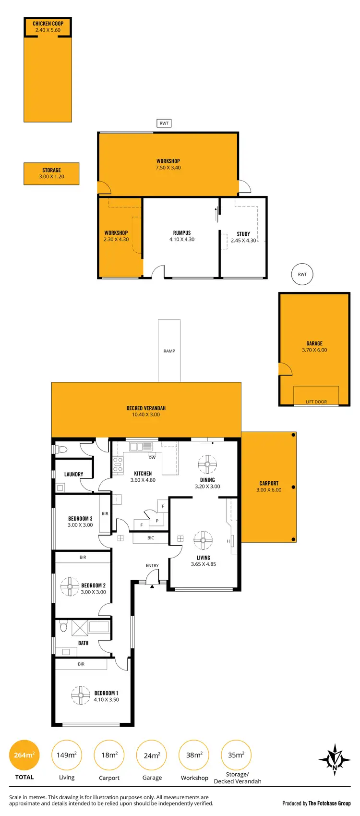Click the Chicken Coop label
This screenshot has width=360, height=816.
coord(48,24)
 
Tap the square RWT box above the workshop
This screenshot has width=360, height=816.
coord(164,123)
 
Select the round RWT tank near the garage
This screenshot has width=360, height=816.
coord(302,274)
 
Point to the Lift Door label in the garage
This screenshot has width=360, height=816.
coord(316,402)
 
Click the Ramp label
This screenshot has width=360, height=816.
coord(169,351)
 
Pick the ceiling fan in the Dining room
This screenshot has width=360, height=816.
coord(207,464)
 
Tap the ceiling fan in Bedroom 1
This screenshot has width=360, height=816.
coord(81,695)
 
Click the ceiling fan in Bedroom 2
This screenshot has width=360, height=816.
coord(70,586)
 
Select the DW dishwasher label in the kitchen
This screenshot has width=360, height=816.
coord(152,457)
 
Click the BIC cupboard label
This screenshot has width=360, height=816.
coord(151,538)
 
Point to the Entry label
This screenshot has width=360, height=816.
coord(152,565)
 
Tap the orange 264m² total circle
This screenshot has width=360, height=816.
coord(24,755)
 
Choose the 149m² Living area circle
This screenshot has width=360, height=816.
coord(67,755)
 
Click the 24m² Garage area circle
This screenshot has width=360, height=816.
coord(152,755)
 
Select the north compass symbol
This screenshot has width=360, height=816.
coord(335,760)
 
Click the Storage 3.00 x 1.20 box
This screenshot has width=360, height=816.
coord(51,173)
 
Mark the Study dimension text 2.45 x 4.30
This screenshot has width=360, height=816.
coord(243,241)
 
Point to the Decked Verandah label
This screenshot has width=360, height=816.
coord(146,408)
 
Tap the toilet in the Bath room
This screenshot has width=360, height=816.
coord(63,627)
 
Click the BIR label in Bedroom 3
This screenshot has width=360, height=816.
coord(105,513)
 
